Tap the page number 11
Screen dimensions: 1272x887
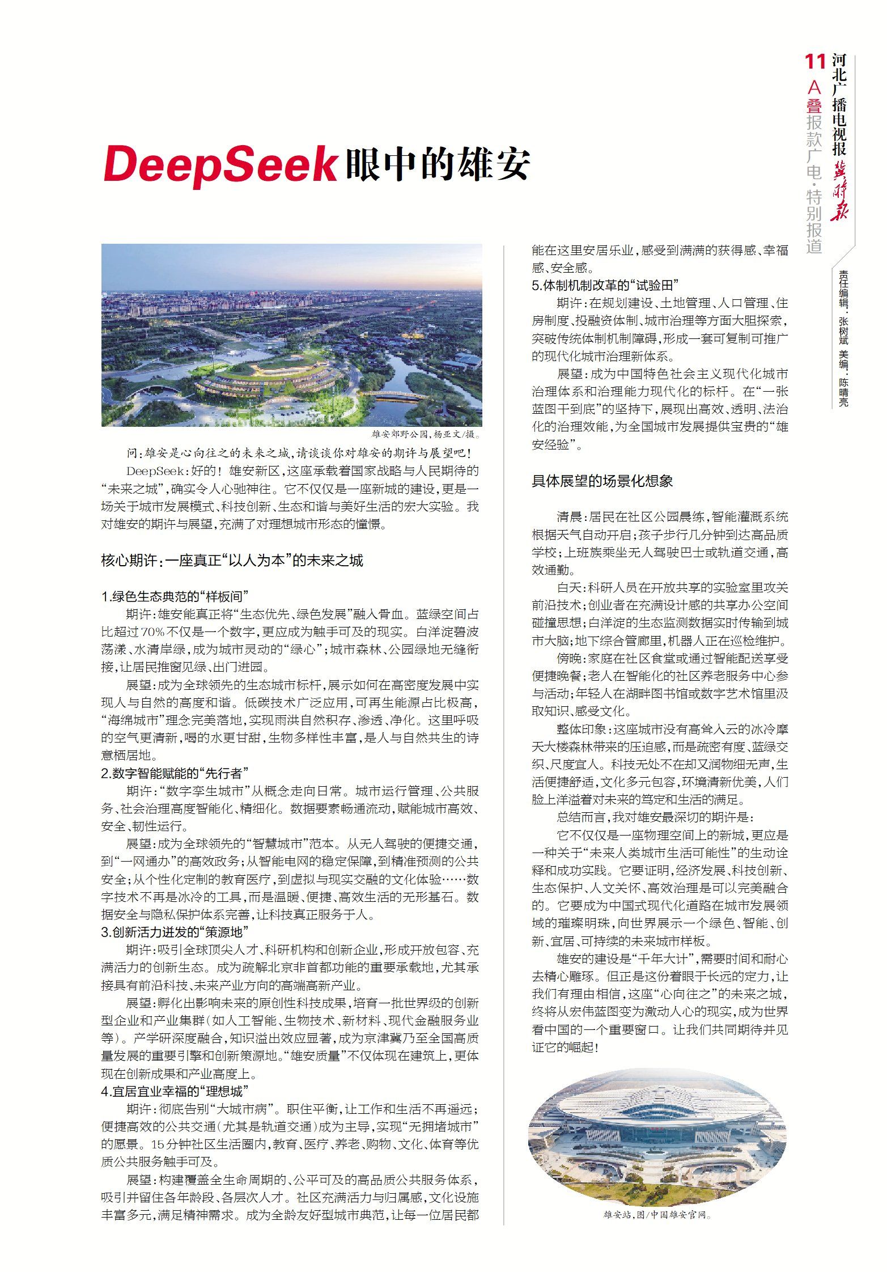tap(815, 62)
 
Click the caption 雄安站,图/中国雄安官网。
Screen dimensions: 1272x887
tap(657, 1215)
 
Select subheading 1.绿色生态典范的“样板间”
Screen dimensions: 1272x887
tap(175, 596)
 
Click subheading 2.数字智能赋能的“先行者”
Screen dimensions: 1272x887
tap(175, 773)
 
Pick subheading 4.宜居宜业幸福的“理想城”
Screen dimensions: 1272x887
tap(175, 1091)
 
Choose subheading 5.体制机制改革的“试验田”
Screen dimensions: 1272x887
tap(605, 285)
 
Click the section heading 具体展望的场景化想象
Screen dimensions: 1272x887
tap(602, 481)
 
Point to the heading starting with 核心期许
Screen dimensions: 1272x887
tap(232, 561)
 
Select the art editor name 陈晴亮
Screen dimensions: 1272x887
tap(844, 393)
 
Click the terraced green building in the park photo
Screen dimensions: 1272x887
tap(266, 377)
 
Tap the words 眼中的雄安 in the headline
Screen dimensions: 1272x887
tap(437, 164)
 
